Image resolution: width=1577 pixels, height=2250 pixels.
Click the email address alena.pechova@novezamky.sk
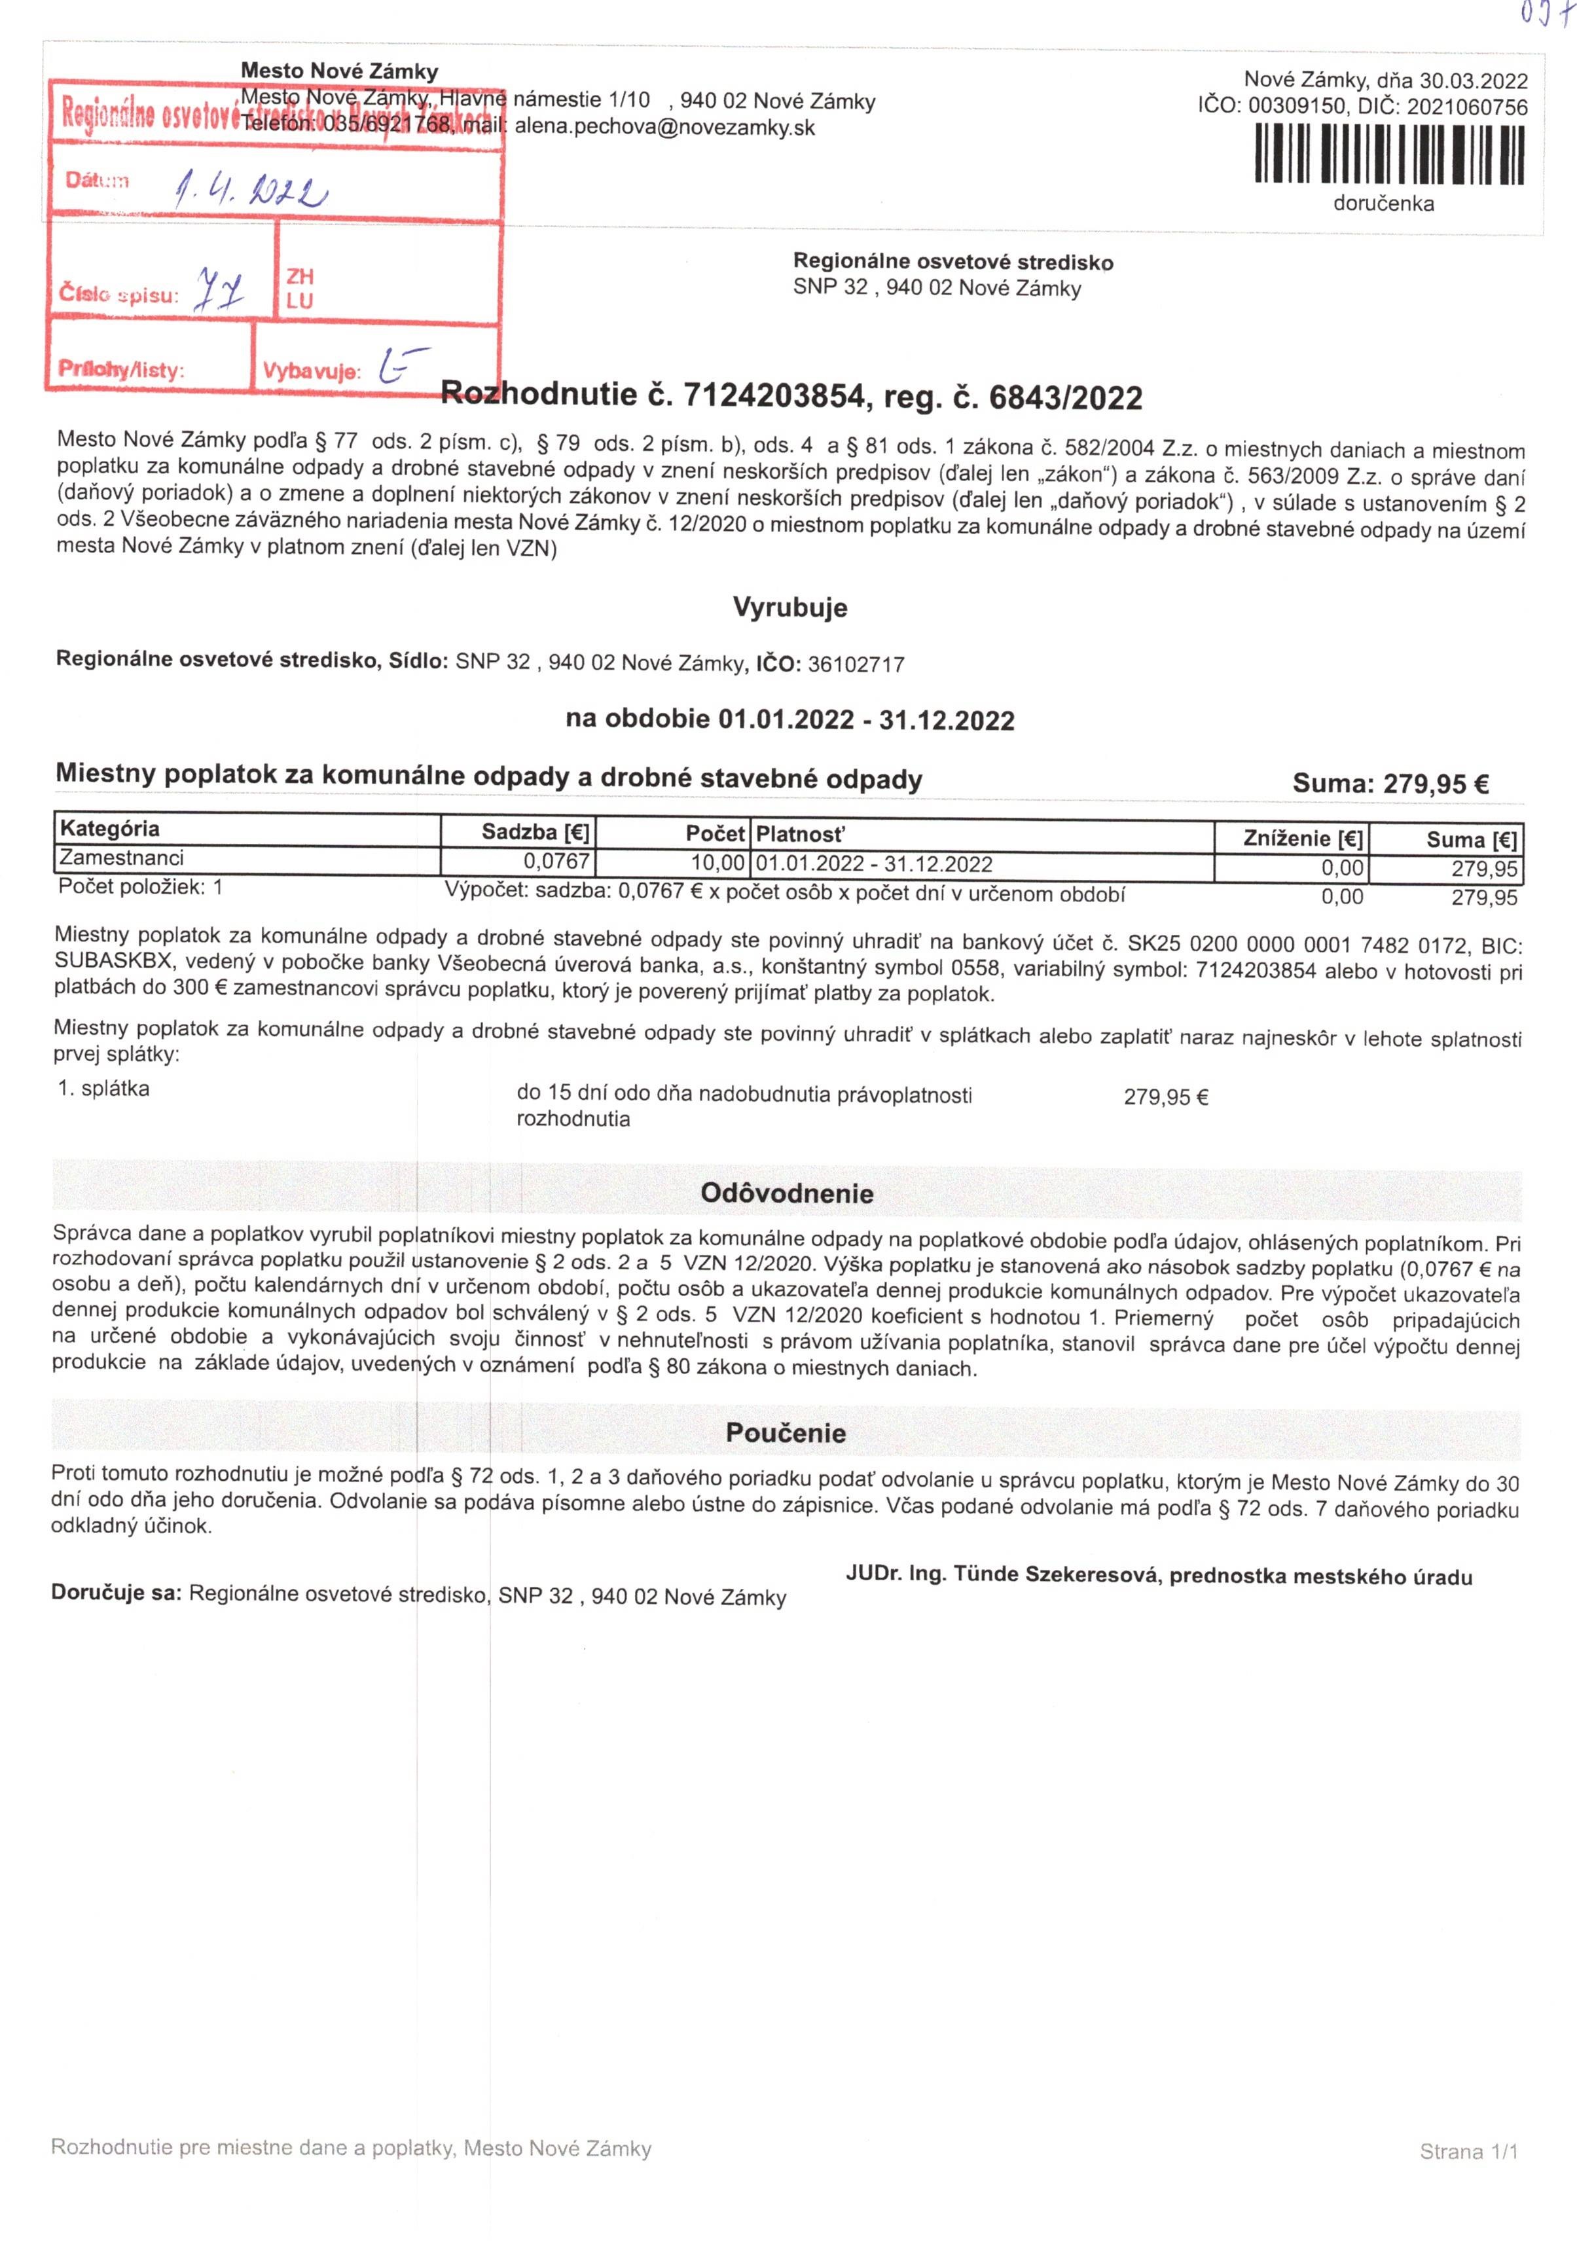click(x=664, y=128)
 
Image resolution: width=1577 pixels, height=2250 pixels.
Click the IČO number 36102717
click(x=856, y=664)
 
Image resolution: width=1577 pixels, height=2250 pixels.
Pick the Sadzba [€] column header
click(x=535, y=833)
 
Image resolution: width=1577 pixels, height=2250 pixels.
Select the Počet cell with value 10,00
click(x=716, y=863)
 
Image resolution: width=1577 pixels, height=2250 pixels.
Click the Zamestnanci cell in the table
click(x=122, y=858)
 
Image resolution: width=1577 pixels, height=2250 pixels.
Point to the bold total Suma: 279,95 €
click(x=1391, y=783)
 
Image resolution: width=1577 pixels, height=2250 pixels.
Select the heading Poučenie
click(x=785, y=1433)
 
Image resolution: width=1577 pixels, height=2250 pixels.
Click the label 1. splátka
click(x=104, y=1089)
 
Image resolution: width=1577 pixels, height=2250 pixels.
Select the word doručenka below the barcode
click(x=1383, y=204)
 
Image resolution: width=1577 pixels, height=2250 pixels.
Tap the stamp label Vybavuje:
click(x=312, y=372)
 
